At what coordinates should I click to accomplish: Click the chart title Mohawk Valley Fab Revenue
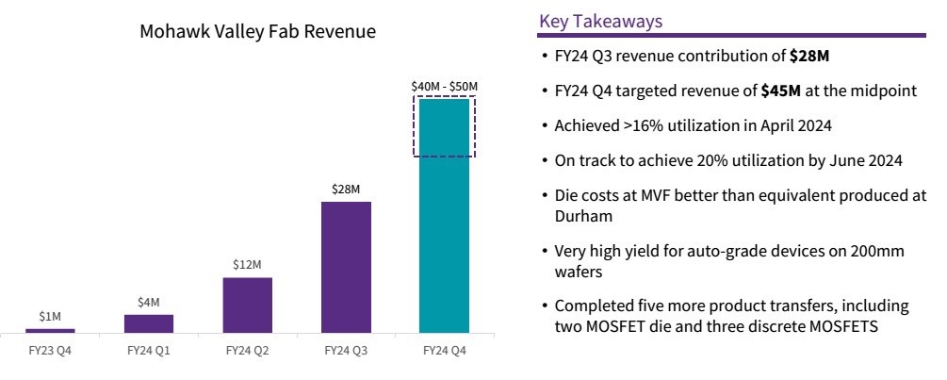tap(257, 32)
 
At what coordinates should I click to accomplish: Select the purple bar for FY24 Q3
tap(346, 267)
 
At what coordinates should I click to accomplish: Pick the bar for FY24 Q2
tap(247, 305)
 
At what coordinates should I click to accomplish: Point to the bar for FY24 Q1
tap(149, 322)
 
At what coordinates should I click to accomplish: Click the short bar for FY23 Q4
tap(50, 330)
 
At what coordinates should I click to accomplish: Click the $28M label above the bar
tap(346, 190)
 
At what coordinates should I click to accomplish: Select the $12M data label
tap(247, 265)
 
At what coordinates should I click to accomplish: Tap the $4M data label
tap(149, 302)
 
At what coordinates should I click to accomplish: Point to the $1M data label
tap(50, 317)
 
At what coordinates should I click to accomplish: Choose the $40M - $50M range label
tap(445, 87)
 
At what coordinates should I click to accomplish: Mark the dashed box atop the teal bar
tap(445, 126)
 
